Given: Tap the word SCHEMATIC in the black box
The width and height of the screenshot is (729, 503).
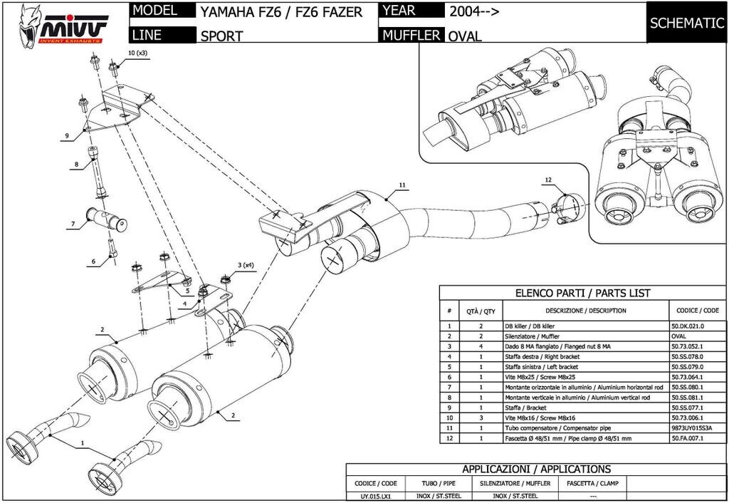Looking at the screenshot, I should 686,23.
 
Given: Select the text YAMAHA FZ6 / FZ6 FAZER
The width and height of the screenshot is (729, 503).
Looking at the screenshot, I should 281,12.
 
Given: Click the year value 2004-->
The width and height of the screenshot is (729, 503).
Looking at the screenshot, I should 474,11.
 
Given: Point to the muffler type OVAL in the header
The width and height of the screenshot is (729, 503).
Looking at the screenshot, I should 465,36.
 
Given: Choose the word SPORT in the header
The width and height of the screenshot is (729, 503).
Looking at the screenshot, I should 221,36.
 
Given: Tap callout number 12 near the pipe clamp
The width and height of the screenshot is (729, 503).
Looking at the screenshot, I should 548,180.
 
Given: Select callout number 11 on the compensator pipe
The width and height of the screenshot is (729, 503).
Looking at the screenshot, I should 402,185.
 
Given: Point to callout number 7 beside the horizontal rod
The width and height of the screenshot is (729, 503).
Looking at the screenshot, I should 72,224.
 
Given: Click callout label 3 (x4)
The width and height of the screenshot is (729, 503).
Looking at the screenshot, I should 246,265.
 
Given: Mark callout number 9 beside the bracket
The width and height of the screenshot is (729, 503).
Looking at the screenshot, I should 66,135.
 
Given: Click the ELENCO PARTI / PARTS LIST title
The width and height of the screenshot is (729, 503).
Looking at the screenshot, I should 582,293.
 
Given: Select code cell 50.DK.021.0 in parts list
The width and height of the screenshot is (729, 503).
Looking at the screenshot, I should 687,326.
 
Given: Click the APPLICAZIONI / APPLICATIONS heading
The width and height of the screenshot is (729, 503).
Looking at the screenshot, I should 536,469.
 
